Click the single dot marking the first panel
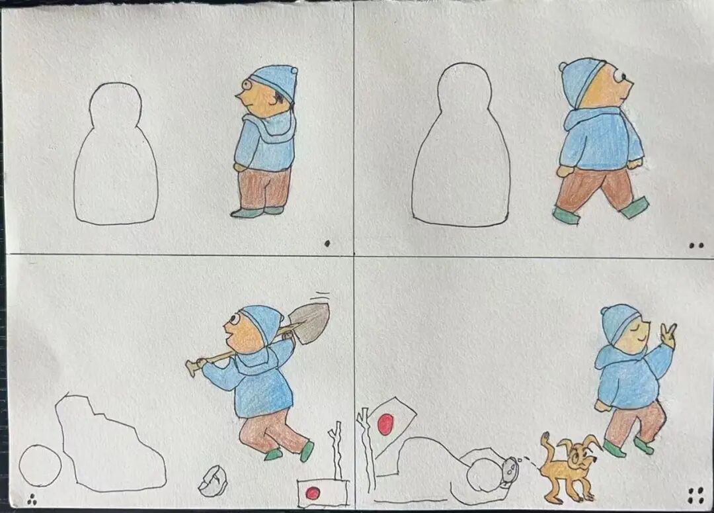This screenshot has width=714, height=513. (327, 243)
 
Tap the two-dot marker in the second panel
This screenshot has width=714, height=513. (695, 245)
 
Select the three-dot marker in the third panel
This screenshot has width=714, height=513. (31, 499)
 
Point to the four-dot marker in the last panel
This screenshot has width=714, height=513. (695, 494)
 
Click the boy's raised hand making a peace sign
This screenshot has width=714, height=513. (668, 335)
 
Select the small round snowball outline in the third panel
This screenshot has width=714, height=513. (40, 465)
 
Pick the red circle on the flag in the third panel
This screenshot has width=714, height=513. (313, 492)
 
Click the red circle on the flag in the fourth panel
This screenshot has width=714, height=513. (385, 424)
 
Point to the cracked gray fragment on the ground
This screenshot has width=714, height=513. (213, 480)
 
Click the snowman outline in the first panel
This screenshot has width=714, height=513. (116, 159)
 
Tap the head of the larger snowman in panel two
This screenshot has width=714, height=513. (464, 89)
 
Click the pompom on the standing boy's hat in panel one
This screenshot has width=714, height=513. (294, 70)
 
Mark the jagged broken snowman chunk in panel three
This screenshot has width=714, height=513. (109, 443)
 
